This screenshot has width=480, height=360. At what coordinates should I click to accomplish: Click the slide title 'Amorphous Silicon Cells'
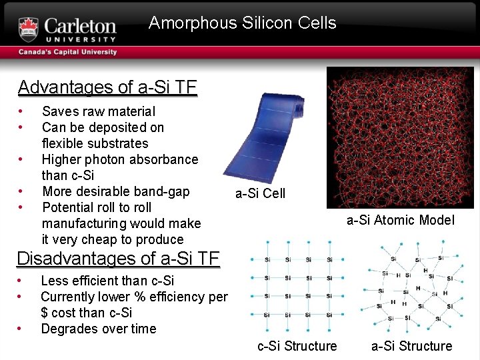click(243, 23)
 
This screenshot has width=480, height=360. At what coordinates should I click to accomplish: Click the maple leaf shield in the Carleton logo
click(29, 29)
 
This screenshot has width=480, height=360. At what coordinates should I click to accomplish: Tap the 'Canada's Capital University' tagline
click(68, 52)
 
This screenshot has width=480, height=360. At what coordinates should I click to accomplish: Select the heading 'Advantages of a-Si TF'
click(107, 87)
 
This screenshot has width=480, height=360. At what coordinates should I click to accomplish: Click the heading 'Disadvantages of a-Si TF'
click(118, 258)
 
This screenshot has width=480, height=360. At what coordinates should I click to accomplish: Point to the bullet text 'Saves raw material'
click(99, 111)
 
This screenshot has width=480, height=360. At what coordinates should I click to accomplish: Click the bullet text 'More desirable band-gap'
click(116, 191)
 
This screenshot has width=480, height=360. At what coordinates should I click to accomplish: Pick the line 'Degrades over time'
click(99, 329)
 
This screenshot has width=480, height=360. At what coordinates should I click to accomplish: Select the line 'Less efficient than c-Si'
click(107, 281)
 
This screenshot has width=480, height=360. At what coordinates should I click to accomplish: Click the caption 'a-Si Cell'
click(260, 193)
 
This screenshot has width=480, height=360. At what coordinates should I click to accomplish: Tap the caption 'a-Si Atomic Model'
click(400, 220)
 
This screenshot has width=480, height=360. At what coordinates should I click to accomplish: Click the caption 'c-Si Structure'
click(297, 346)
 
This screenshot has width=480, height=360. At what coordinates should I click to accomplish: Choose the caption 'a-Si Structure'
click(411, 346)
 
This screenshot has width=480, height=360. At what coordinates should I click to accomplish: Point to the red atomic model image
click(400, 137)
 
